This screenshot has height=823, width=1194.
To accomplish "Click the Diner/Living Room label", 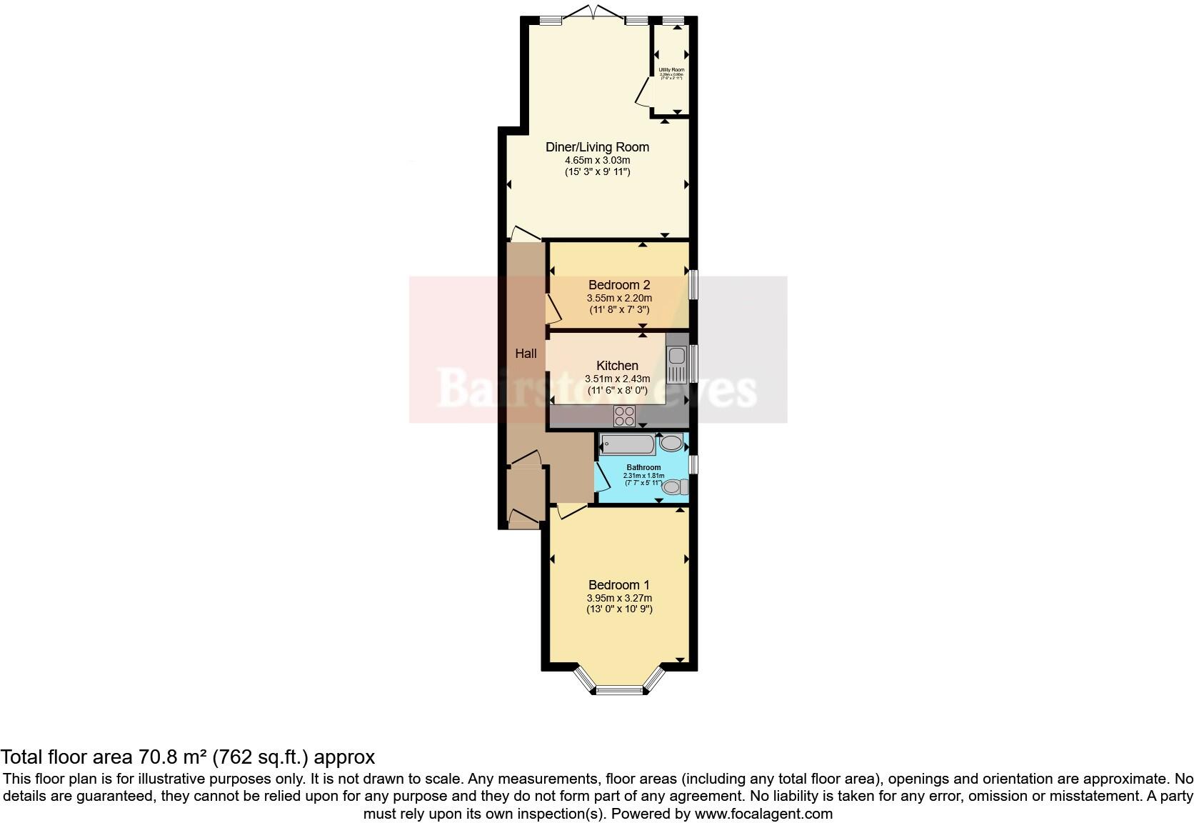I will pos(597,147).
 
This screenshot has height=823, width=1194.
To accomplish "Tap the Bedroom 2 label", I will pos(618,285).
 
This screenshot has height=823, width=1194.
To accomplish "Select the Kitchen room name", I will pos(617,365).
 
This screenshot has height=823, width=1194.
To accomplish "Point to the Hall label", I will pos(526,354).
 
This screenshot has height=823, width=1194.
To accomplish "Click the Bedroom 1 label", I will pos(618,585).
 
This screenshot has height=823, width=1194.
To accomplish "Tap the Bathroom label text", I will pos(643,467).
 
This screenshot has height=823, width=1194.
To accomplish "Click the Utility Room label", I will pos(671,70).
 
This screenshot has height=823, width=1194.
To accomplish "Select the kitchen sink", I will pos(676,364).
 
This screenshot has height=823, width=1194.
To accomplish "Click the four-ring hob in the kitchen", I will pos(625,416).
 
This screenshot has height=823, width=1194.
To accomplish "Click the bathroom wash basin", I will pos(671,444).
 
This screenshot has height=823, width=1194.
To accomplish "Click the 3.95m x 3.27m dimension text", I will pos(619,598).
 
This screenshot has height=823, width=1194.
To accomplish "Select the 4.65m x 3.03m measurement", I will pos(597,160).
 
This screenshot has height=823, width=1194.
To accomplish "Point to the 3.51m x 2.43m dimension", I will pos(617,379).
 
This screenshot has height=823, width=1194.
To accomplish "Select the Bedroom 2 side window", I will pos(693,284).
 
